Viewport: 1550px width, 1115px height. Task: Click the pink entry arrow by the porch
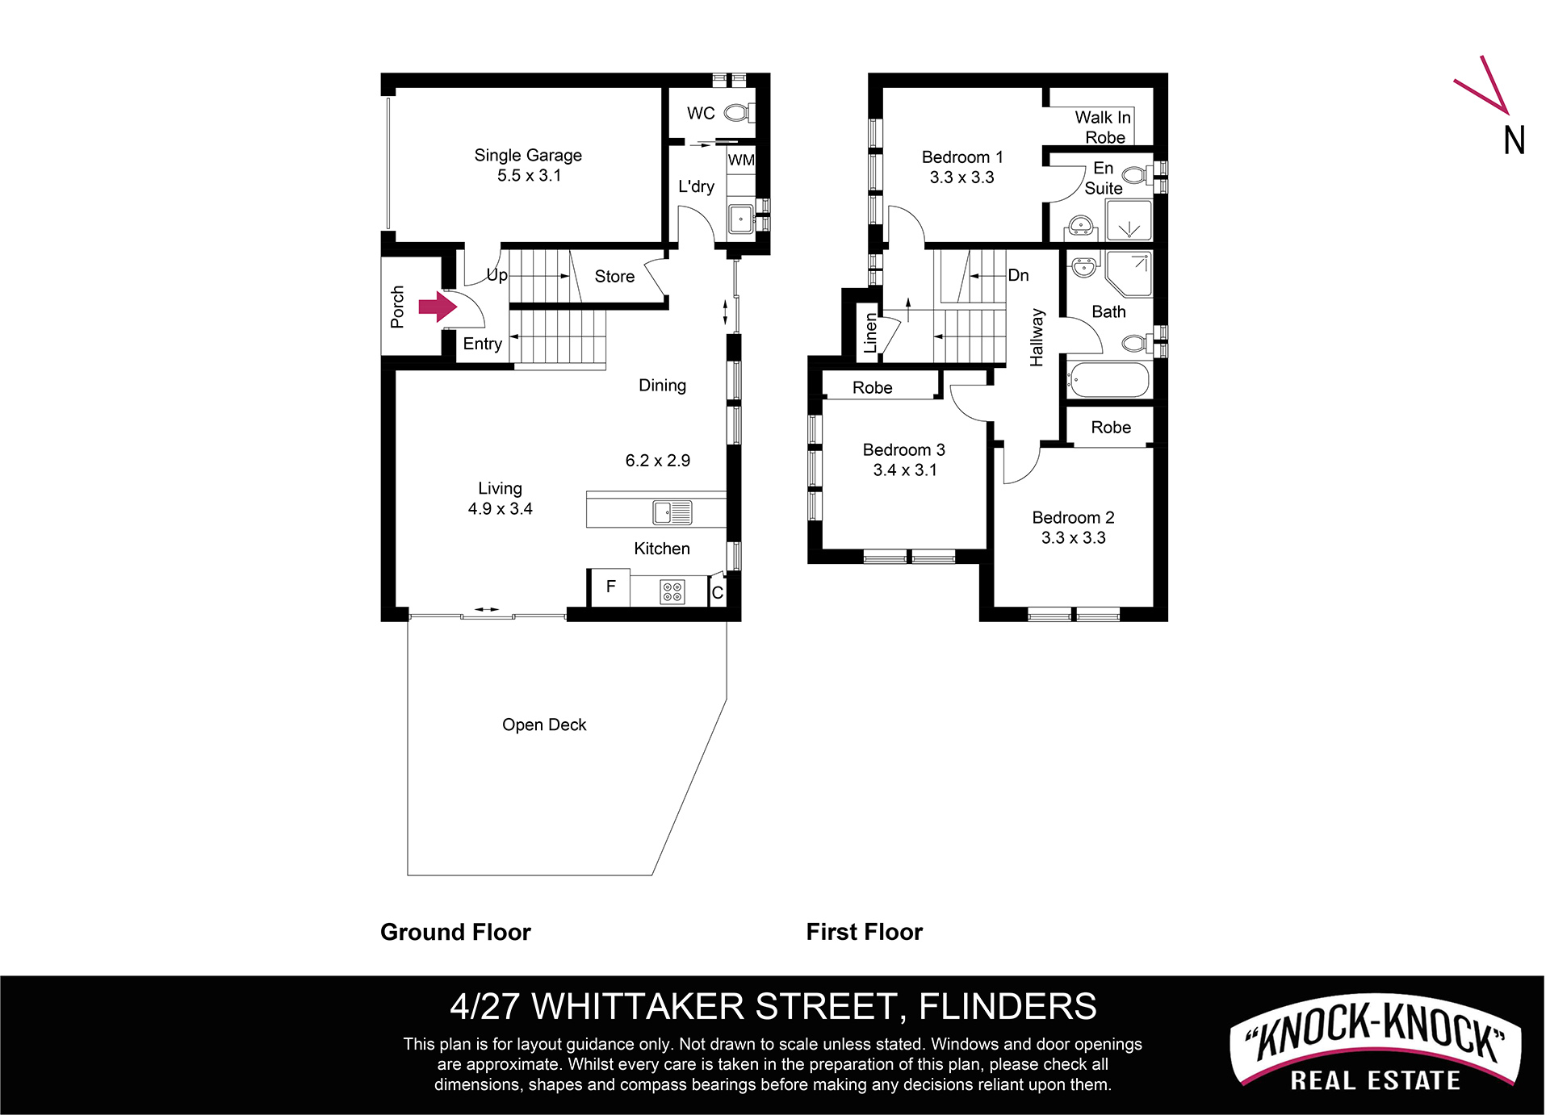tap(438, 307)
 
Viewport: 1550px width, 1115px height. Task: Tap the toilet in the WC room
tap(739, 112)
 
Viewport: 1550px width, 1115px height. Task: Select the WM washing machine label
tap(741, 160)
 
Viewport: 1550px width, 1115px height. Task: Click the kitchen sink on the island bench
tap(672, 512)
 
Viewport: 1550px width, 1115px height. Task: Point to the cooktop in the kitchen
tap(672, 591)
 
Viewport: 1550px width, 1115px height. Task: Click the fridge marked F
tap(610, 587)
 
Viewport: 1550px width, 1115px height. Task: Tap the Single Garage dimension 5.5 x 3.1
tap(529, 175)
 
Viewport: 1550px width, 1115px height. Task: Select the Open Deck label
tap(544, 725)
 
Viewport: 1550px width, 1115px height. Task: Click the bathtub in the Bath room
tap(1108, 380)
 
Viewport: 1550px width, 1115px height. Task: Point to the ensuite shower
tap(1129, 220)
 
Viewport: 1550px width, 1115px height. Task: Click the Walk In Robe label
tap(1104, 127)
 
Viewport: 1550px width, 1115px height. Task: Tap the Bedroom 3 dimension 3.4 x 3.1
tap(905, 470)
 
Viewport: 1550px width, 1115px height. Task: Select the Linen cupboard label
tap(870, 332)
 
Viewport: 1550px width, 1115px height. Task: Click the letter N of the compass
tap(1514, 140)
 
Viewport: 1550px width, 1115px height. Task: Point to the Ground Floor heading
tap(455, 932)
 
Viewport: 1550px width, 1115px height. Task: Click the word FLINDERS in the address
tap(1007, 1006)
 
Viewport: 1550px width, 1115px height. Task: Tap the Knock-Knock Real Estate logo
tap(1375, 1043)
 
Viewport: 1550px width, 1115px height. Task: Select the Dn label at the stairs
tap(1019, 275)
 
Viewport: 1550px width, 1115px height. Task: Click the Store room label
tap(614, 276)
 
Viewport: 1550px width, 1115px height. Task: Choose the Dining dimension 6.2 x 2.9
tap(658, 460)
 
